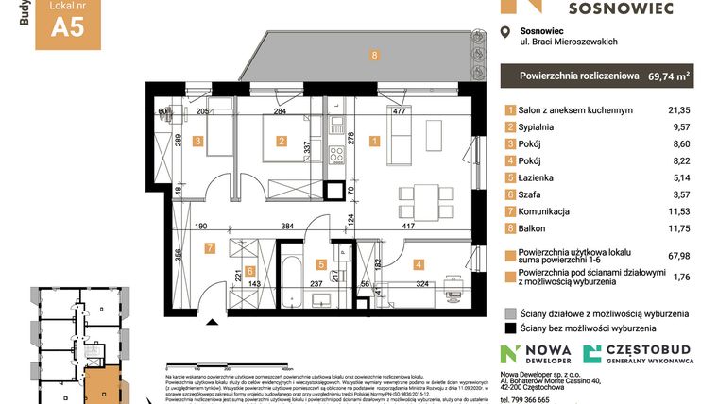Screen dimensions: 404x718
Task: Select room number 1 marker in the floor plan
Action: click(x=375, y=143)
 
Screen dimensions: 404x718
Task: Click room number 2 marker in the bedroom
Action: click(x=281, y=143)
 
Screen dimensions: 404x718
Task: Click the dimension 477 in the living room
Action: click(x=399, y=111)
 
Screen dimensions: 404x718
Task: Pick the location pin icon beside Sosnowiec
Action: click(x=504, y=33)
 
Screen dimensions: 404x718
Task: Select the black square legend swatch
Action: click(x=510, y=328)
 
